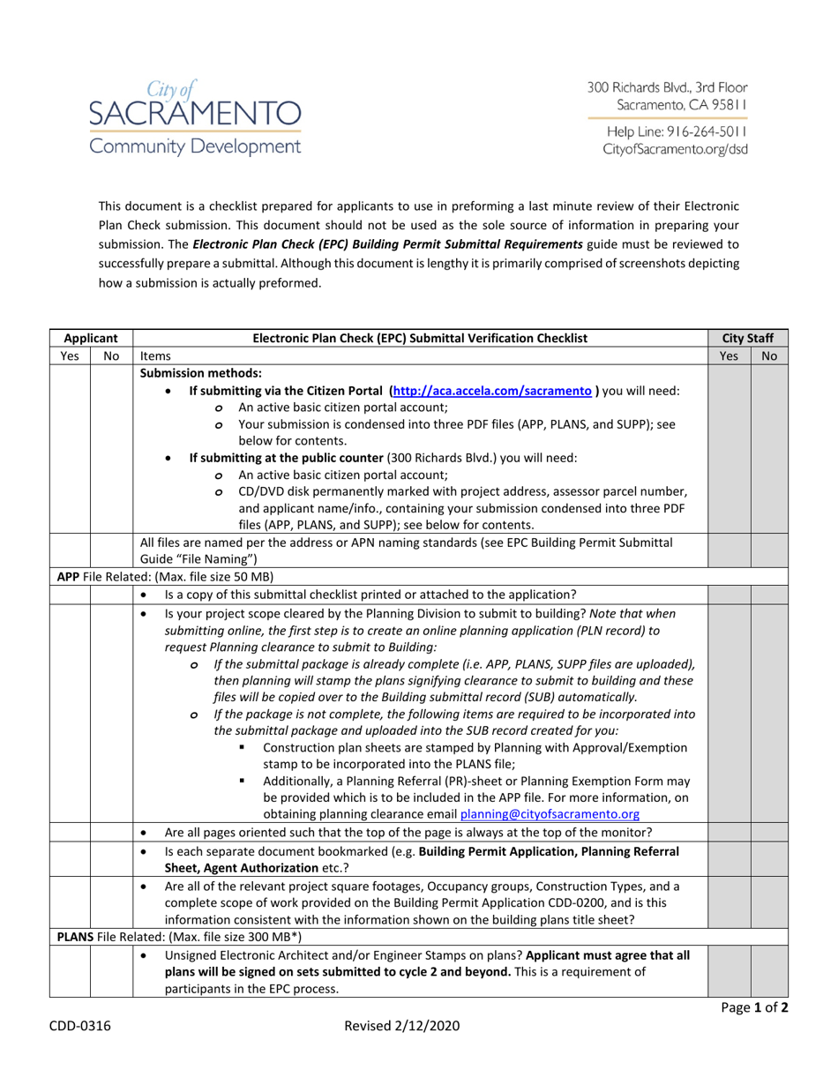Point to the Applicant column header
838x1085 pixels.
click(90, 338)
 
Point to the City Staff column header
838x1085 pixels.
click(748, 338)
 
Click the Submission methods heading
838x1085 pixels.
click(201, 373)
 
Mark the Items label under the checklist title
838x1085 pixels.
click(156, 355)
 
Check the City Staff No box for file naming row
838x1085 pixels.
click(768, 552)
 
